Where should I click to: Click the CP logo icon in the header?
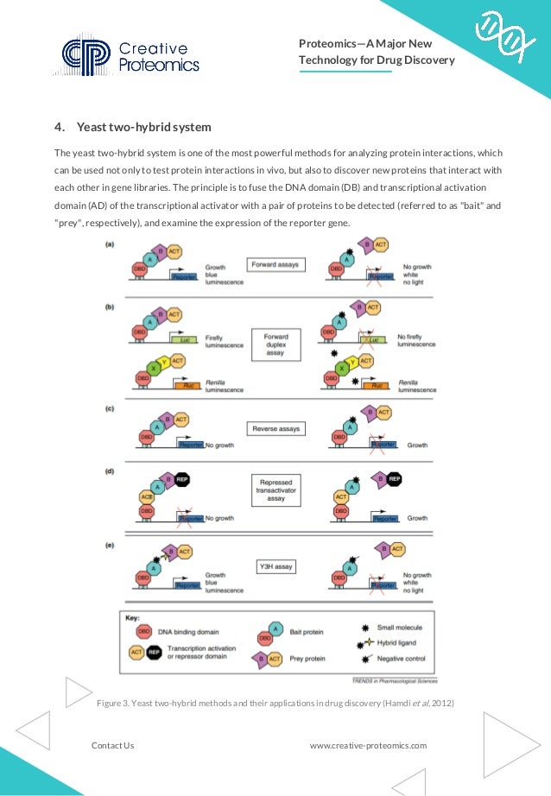(86, 54)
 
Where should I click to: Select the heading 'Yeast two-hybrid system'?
(144, 128)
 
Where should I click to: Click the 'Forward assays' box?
(275, 264)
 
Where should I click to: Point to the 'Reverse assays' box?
(275, 428)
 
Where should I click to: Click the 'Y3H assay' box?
(275, 566)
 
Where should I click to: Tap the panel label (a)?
(111, 245)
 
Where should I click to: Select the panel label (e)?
(111, 546)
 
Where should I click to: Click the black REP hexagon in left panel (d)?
(182, 478)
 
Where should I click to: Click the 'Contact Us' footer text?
(112, 744)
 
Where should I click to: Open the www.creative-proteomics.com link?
(368, 744)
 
